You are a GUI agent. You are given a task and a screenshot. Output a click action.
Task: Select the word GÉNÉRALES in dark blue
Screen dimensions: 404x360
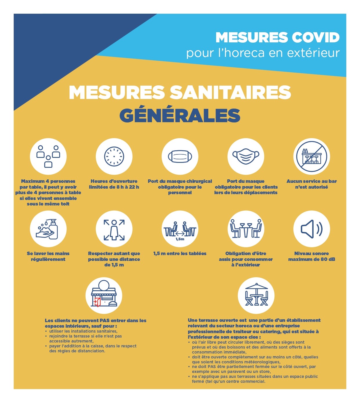pos(180,115)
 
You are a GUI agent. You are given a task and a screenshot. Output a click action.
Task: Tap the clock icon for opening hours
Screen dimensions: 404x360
pos(114,156)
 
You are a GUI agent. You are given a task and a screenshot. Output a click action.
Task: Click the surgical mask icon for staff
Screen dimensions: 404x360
pos(180,156)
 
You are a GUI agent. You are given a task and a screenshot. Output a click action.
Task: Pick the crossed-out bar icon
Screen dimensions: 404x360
pos(312,156)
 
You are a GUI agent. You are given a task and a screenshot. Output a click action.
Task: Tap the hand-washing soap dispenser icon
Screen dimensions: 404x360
pos(48,229)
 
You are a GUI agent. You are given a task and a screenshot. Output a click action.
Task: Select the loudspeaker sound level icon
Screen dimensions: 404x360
pos(312,229)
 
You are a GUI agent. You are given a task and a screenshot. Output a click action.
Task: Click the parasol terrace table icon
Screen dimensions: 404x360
pos(256,295)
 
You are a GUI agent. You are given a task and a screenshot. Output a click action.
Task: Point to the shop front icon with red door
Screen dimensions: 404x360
pos(104,295)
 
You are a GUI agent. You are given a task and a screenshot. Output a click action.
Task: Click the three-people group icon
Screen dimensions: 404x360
pos(48,156)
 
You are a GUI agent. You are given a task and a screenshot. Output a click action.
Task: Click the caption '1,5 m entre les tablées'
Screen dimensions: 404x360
pos(180,253)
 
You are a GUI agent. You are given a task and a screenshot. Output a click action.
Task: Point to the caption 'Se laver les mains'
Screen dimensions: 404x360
pos(48,253)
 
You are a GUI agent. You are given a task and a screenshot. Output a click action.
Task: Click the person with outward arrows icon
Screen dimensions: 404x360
pos(114,229)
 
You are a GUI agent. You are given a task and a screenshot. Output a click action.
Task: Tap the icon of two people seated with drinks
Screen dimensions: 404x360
pos(246,229)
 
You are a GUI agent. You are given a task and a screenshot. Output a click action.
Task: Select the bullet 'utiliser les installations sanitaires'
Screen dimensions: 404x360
pos(83,331)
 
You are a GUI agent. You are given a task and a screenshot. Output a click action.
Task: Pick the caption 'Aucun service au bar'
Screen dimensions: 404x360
pos(312,181)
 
